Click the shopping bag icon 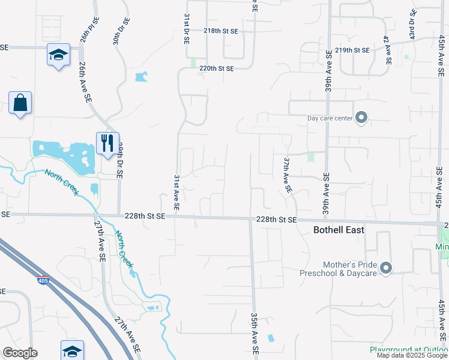20,103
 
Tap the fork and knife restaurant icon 107,143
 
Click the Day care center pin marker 361,118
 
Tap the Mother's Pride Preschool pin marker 385,268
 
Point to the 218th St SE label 220,30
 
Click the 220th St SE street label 217,68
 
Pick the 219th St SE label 352,50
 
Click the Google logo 20,353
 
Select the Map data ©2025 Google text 411,355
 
